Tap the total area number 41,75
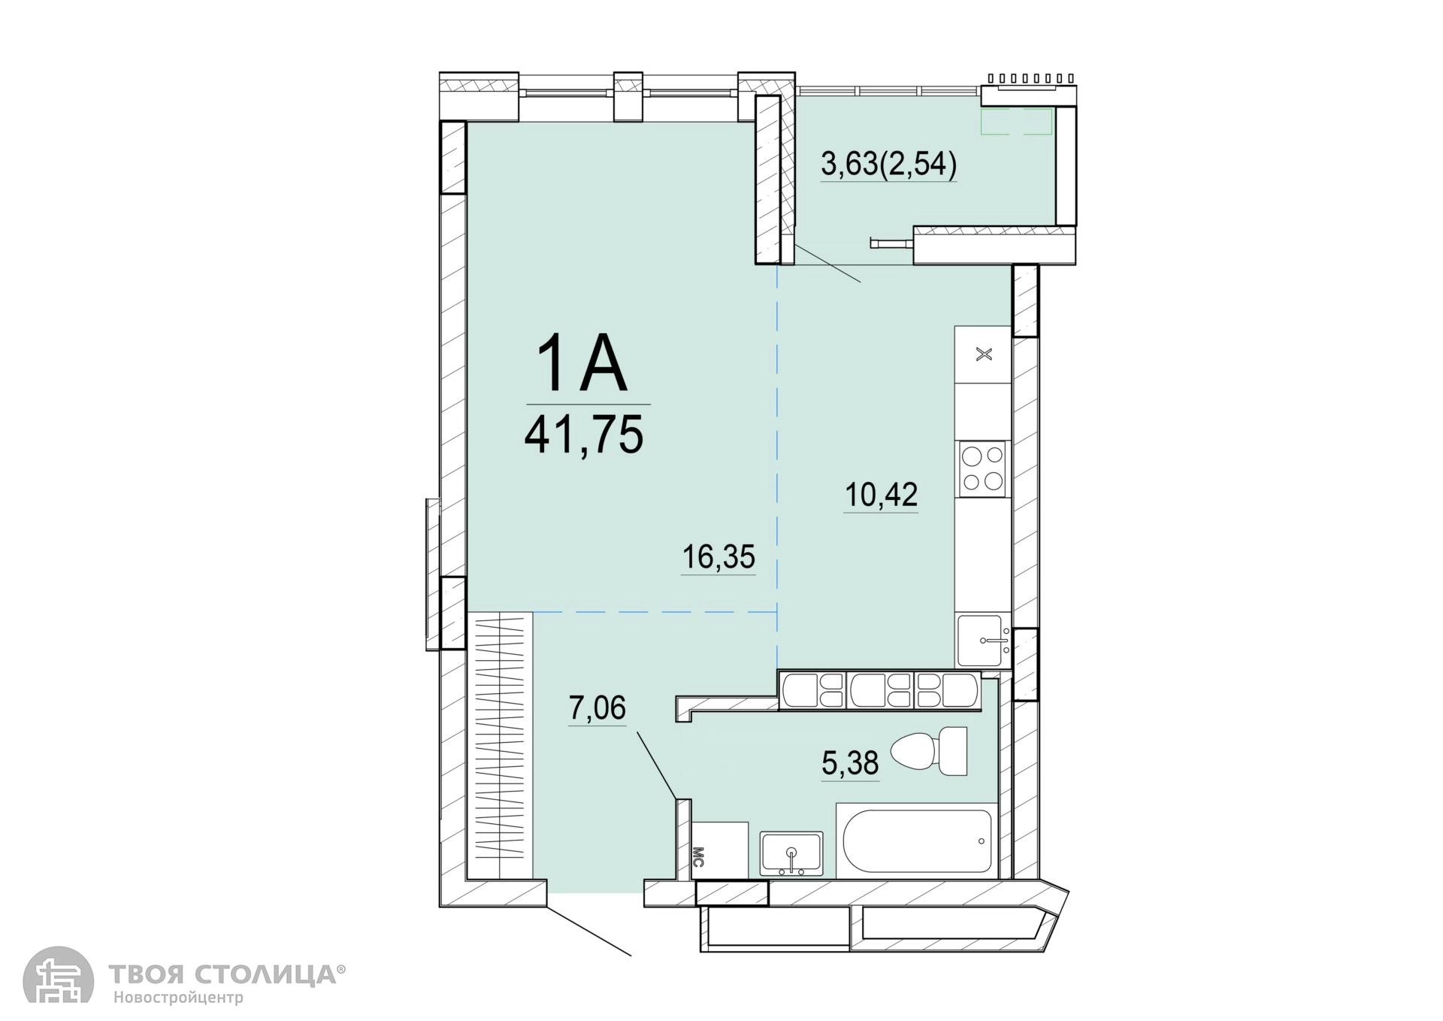(x=584, y=435)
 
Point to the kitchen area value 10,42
(x=882, y=495)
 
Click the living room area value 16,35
(x=718, y=558)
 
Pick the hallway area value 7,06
(x=597, y=708)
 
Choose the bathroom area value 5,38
(x=850, y=764)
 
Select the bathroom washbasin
(x=791, y=853)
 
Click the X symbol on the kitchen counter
(x=983, y=354)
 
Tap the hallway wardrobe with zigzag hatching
(x=499, y=744)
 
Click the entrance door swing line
(x=588, y=929)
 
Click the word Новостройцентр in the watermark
(x=179, y=998)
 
